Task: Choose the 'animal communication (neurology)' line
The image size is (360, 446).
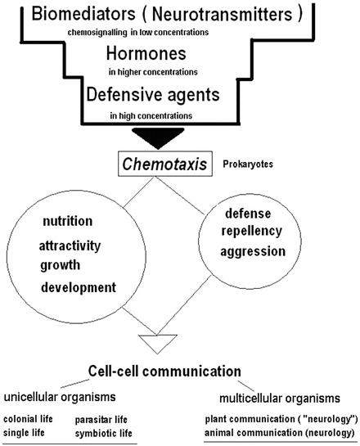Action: [x=279, y=431]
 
